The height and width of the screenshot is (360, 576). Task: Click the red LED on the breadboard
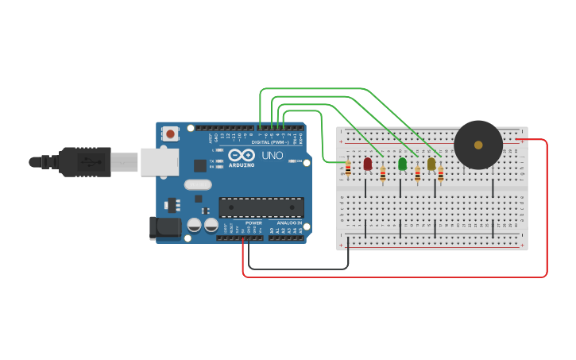click(367, 164)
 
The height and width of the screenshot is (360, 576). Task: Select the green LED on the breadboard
click(402, 164)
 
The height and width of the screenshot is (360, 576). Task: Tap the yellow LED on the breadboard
click(431, 164)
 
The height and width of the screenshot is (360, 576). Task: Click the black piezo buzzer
click(478, 145)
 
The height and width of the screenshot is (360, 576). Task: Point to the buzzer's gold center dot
click(478, 145)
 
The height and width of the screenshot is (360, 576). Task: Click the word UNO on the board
click(273, 155)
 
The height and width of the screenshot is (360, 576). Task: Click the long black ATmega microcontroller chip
click(261, 207)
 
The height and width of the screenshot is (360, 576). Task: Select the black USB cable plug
click(87, 161)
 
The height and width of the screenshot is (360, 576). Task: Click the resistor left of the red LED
click(347, 168)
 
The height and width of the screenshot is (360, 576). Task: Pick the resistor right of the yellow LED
click(441, 174)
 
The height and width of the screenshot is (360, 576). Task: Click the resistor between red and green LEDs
click(383, 174)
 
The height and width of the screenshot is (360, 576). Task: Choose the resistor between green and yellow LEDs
click(418, 174)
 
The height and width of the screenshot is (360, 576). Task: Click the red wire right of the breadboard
click(547, 207)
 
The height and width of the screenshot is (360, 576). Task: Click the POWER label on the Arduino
click(253, 223)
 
